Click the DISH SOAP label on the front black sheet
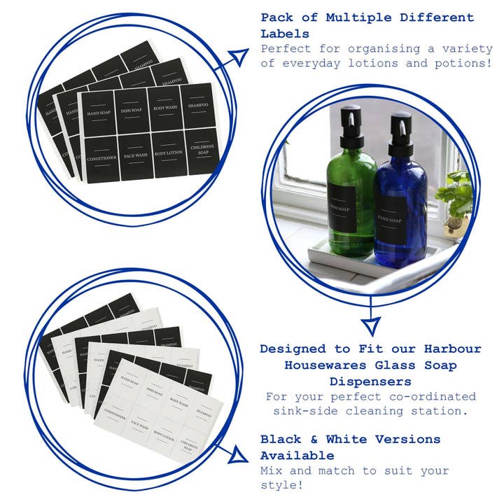(x=132, y=111)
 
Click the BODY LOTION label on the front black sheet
(x=169, y=153)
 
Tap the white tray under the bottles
(x=364, y=269)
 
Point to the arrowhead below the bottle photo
(x=370, y=325)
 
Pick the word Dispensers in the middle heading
(x=370, y=381)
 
